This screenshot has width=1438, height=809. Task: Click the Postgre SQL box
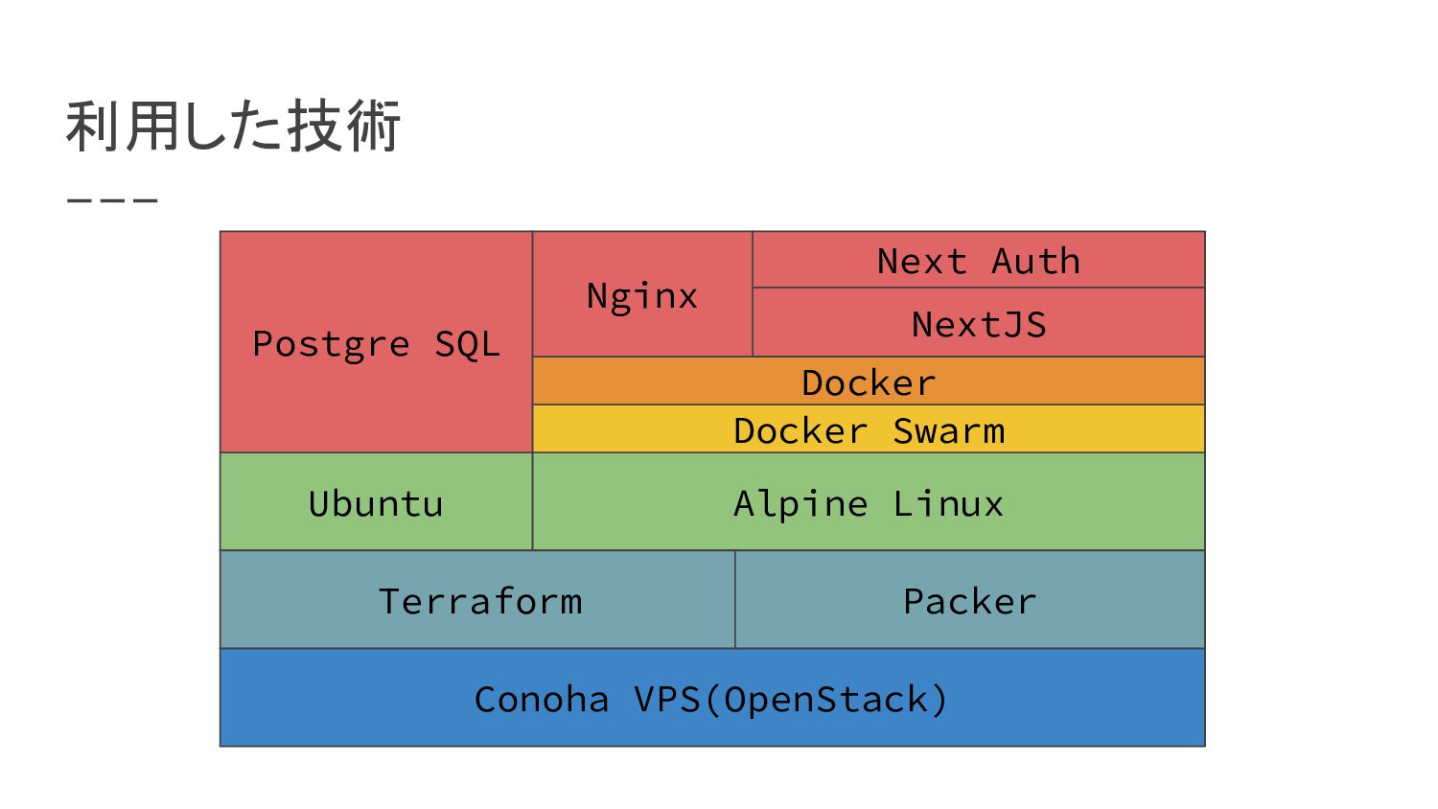pos(376,342)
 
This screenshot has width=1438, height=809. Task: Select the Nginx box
pos(642,294)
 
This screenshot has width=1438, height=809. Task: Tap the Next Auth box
pos(979,260)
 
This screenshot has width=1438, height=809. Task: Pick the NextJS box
pos(979,322)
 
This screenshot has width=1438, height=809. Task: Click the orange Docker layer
pos(869,381)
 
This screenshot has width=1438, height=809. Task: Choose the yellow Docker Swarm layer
pos(869,428)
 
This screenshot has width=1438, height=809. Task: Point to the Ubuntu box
pos(376,501)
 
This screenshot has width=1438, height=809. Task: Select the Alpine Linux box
pos(869,501)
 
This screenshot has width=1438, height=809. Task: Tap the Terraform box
pos(477,600)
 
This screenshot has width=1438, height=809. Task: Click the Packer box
pos(970,600)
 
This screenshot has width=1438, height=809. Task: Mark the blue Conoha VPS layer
pos(712,697)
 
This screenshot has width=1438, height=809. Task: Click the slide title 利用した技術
pos(233,126)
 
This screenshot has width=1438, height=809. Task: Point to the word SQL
pos(468,344)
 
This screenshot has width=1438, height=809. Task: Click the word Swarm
pos(949,430)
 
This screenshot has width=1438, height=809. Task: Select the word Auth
pos(1035,262)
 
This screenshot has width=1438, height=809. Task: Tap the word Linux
pos(948,503)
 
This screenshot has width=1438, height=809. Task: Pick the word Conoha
pos(542,699)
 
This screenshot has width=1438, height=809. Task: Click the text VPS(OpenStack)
pos(791,700)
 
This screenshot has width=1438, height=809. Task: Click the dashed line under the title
pos(112,200)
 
